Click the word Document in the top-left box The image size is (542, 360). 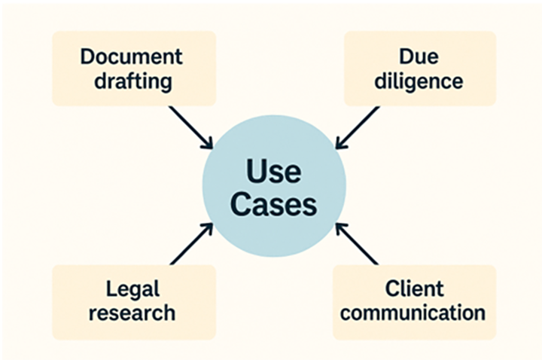(x=132, y=57)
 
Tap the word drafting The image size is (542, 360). (x=132, y=80)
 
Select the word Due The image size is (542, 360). (x=419, y=57)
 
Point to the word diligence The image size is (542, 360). (x=419, y=80)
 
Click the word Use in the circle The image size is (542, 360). (x=273, y=172)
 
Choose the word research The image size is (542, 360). (x=133, y=311)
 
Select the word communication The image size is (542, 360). (x=414, y=311)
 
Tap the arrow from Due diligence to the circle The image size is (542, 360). (x=357, y=127)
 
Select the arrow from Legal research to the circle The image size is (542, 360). (x=191, y=243)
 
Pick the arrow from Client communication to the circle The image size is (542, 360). (x=356, y=243)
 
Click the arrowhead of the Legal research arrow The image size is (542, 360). (x=209, y=227)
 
